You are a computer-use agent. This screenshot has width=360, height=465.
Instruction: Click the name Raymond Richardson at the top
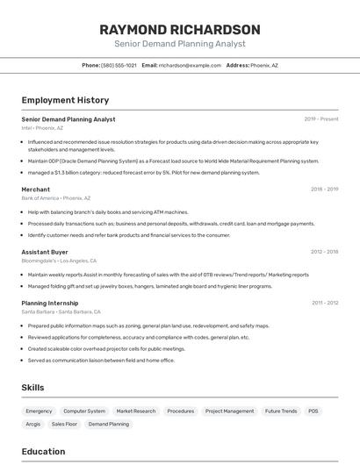(x=179, y=29)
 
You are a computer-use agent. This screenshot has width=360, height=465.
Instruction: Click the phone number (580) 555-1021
(x=119, y=65)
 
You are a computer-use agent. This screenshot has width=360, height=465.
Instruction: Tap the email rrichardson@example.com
(x=190, y=65)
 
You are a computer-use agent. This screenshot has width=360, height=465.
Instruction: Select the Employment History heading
(x=65, y=100)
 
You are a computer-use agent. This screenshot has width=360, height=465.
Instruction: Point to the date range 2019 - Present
(x=321, y=119)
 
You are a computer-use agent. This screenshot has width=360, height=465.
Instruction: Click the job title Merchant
(x=36, y=190)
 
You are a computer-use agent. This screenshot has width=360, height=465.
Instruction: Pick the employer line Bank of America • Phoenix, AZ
(x=55, y=198)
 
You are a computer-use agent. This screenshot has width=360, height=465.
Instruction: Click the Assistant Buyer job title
(x=45, y=252)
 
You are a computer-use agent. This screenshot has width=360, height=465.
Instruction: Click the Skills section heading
(x=32, y=387)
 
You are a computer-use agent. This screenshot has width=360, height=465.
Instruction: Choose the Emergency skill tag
(x=39, y=411)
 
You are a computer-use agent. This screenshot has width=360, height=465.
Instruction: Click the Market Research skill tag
(x=135, y=411)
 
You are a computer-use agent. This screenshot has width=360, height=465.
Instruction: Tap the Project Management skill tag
(x=229, y=411)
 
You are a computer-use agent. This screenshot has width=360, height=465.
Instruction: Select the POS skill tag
(x=313, y=411)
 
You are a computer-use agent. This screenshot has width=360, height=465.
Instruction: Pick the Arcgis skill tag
(x=33, y=424)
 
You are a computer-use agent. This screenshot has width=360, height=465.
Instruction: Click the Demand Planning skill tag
(x=109, y=424)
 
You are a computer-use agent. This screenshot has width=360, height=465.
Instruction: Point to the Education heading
(x=43, y=452)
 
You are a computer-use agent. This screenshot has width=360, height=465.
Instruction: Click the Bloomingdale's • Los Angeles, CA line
(x=59, y=261)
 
